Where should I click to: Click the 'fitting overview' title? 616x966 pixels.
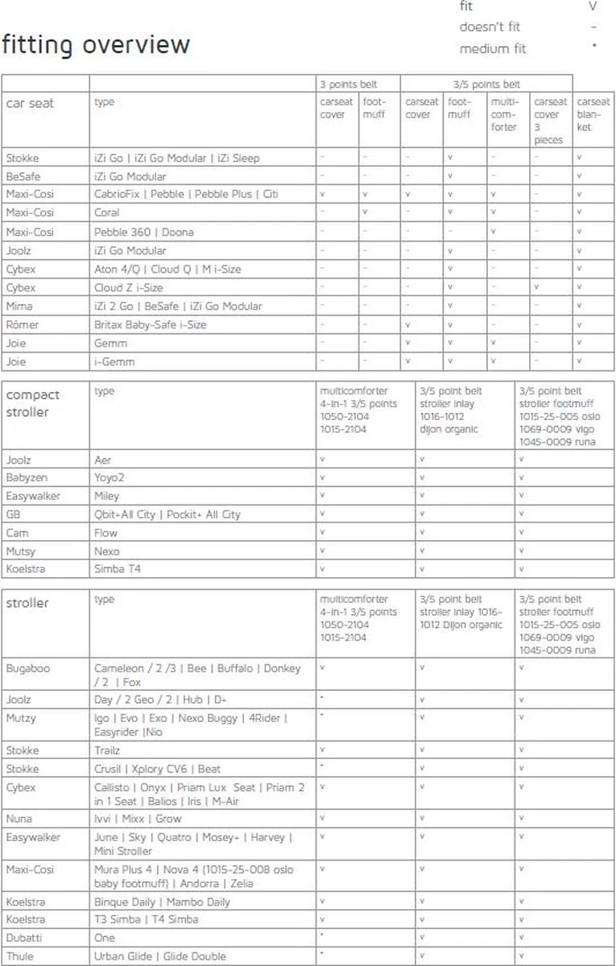tap(96, 45)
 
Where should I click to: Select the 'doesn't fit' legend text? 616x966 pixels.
tap(490, 27)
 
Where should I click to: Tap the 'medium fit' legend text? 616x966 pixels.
tap(492, 48)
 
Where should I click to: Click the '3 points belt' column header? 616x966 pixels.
tap(348, 84)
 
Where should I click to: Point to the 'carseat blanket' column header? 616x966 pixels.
tap(593, 114)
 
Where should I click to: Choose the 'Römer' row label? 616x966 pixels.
tap(22, 324)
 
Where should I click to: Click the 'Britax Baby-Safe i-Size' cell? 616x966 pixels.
tap(151, 324)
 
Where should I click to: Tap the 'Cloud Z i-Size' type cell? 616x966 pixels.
tap(129, 287)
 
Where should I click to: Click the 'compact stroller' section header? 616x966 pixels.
tap(33, 402)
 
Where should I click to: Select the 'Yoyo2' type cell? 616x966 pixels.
tap(110, 477)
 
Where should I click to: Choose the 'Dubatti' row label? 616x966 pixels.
tap(25, 938)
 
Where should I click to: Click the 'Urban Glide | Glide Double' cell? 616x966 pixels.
tap(160, 956)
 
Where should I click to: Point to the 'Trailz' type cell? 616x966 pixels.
tap(107, 750)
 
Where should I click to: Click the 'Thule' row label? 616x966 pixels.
tap(20, 956)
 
